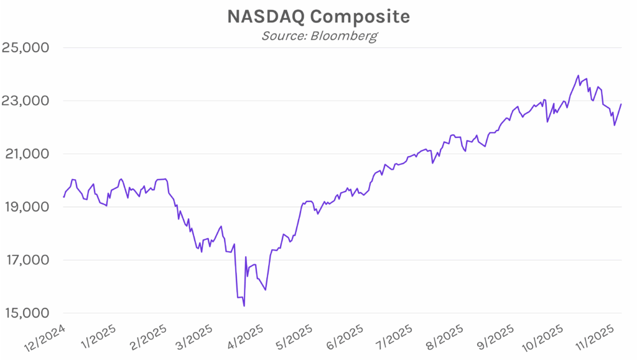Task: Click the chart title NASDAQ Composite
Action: [318, 16]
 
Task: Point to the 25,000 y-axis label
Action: [28, 48]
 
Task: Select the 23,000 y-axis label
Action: [28, 101]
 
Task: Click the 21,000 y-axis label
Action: [28, 154]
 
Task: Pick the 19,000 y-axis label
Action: [28, 207]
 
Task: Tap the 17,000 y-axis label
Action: [28, 260]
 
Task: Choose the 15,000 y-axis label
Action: [28, 313]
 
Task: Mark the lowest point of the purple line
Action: [244, 306]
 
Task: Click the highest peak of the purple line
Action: [579, 75]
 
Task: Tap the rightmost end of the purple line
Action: [621, 104]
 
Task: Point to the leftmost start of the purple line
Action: [63, 197]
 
